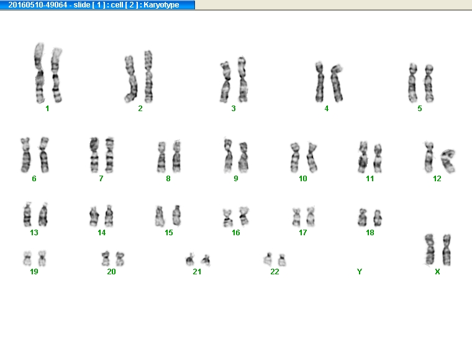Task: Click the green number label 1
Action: pos(47,108)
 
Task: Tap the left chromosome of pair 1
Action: pos(39,73)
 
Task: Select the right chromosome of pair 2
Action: pos(148,77)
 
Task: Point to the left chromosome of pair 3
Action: pos(225,82)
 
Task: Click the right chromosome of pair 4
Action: pos(337,83)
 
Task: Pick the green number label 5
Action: pos(420,108)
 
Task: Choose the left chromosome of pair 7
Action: pos(94,155)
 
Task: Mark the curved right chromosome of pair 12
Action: pos(448,161)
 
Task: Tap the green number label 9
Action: pos(236,179)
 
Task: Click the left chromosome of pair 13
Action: pos(27,214)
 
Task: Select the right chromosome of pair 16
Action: pos(244,216)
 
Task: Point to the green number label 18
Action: pos(370,233)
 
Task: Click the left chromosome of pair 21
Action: pos(190,260)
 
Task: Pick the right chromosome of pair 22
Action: pos(282,260)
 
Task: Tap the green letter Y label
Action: pos(360,272)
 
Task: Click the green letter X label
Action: pos(437,272)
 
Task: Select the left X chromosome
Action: pos(430,250)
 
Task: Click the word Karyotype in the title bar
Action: pos(161,5)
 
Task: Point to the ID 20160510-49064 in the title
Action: pos(38,5)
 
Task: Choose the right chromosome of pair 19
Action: pos(42,258)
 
